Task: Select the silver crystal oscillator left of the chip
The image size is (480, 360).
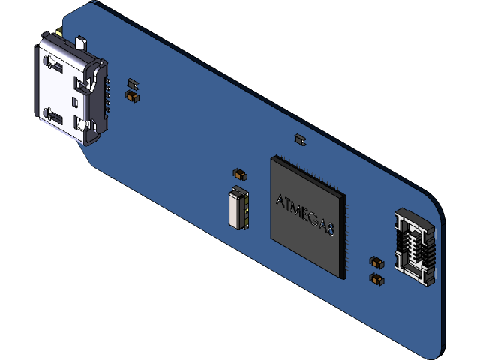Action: [238, 209]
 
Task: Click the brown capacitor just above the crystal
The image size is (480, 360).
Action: [240, 174]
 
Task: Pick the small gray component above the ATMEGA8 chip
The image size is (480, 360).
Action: [300, 139]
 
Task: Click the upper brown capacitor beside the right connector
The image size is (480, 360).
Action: [376, 262]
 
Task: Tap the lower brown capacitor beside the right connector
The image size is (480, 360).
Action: [376, 279]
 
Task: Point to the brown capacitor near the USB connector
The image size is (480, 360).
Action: [132, 96]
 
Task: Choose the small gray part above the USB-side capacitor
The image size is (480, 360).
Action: [133, 82]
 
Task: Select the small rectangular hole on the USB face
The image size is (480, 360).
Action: [73, 100]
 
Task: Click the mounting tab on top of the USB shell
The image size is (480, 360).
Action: [58, 35]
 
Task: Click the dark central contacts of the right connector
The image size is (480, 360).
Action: [416, 247]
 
